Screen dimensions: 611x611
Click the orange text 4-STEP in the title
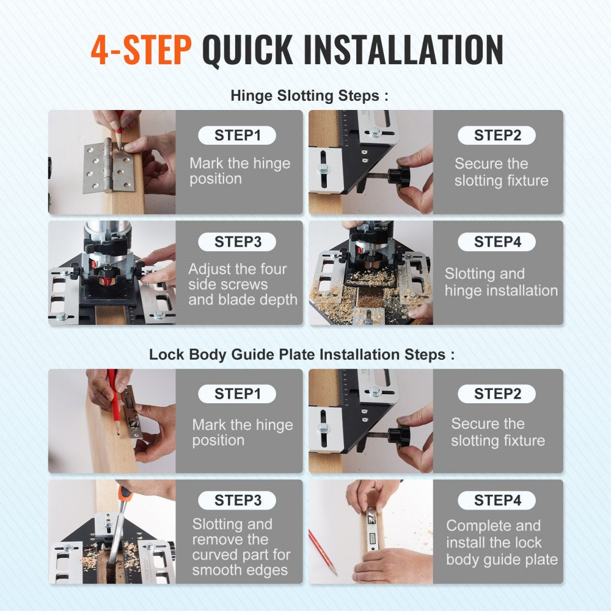click(141, 50)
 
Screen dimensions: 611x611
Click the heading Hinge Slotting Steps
click(309, 96)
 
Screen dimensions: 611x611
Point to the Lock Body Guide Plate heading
click(302, 355)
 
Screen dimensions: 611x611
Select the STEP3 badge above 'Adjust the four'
click(237, 242)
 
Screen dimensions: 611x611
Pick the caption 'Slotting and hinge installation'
click(501, 282)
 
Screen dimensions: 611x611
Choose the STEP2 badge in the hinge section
click(497, 136)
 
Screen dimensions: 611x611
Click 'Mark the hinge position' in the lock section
click(242, 433)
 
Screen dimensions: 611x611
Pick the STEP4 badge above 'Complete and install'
click(497, 500)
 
